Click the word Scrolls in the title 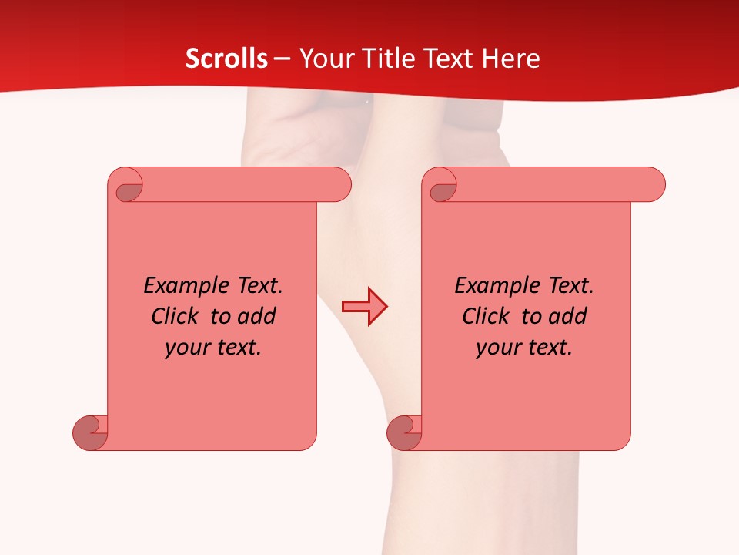pyautogui.click(x=226, y=59)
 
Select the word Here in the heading pyautogui.click(x=510, y=59)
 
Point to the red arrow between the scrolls pyautogui.click(x=365, y=307)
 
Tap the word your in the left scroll pyautogui.click(x=186, y=348)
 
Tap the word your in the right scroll pyautogui.click(x=497, y=348)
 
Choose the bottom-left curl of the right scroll pyautogui.click(x=404, y=433)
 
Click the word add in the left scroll pyautogui.click(x=257, y=316)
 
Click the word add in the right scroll pyautogui.click(x=568, y=316)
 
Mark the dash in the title pyautogui.click(x=282, y=59)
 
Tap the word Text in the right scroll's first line pyautogui.click(x=570, y=285)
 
